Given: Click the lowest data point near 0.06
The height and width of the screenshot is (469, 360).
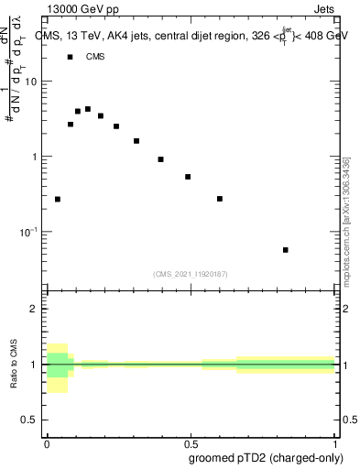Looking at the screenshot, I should pos(286,249).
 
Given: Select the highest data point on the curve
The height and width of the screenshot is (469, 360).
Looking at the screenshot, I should pos(88,109).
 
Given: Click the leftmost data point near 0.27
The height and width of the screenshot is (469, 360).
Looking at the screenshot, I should pos(58,199).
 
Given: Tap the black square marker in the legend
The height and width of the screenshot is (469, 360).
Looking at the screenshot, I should pos(71,57).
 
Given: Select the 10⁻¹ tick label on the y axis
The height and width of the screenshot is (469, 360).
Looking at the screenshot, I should pos(29,232).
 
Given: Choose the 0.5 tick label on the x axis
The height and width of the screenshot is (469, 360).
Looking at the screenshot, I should pos(191,443).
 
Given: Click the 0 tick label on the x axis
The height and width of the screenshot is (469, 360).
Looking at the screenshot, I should pos(47,443).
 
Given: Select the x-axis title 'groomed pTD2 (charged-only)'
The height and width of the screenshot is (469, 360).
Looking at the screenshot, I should pos(274,457).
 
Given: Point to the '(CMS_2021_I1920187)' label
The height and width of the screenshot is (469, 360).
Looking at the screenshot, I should pos(191,273).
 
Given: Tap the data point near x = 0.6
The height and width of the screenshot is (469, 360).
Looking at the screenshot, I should pos(220,199).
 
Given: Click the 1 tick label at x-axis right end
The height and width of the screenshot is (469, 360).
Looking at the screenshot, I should pos(335,443).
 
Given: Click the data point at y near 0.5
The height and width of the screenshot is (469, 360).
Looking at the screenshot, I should pos(188,177).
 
